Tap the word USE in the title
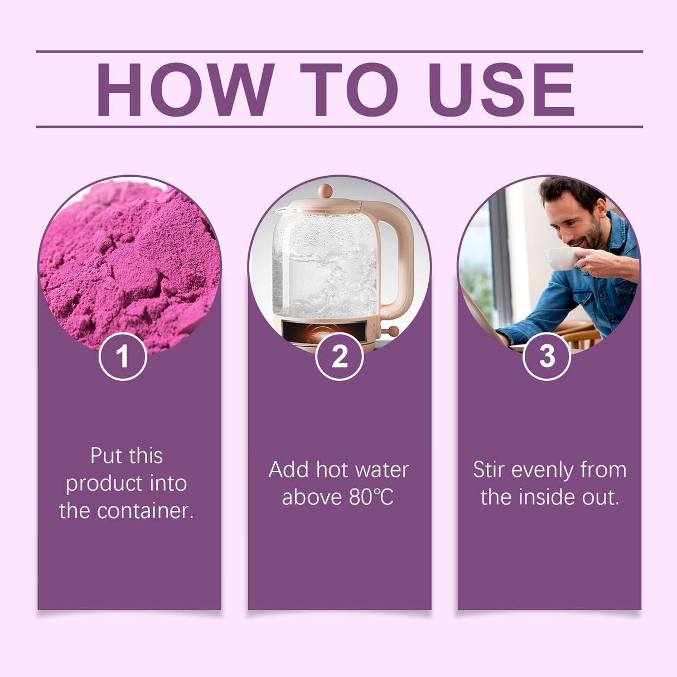coord(501,90)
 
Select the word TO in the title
coord(349,90)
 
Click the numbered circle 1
coord(123,356)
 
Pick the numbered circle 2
coord(339,356)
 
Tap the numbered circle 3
coord(547,356)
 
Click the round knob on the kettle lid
coord(325,191)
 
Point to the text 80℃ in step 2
coord(371,497)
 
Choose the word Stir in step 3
coord(489,470)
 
